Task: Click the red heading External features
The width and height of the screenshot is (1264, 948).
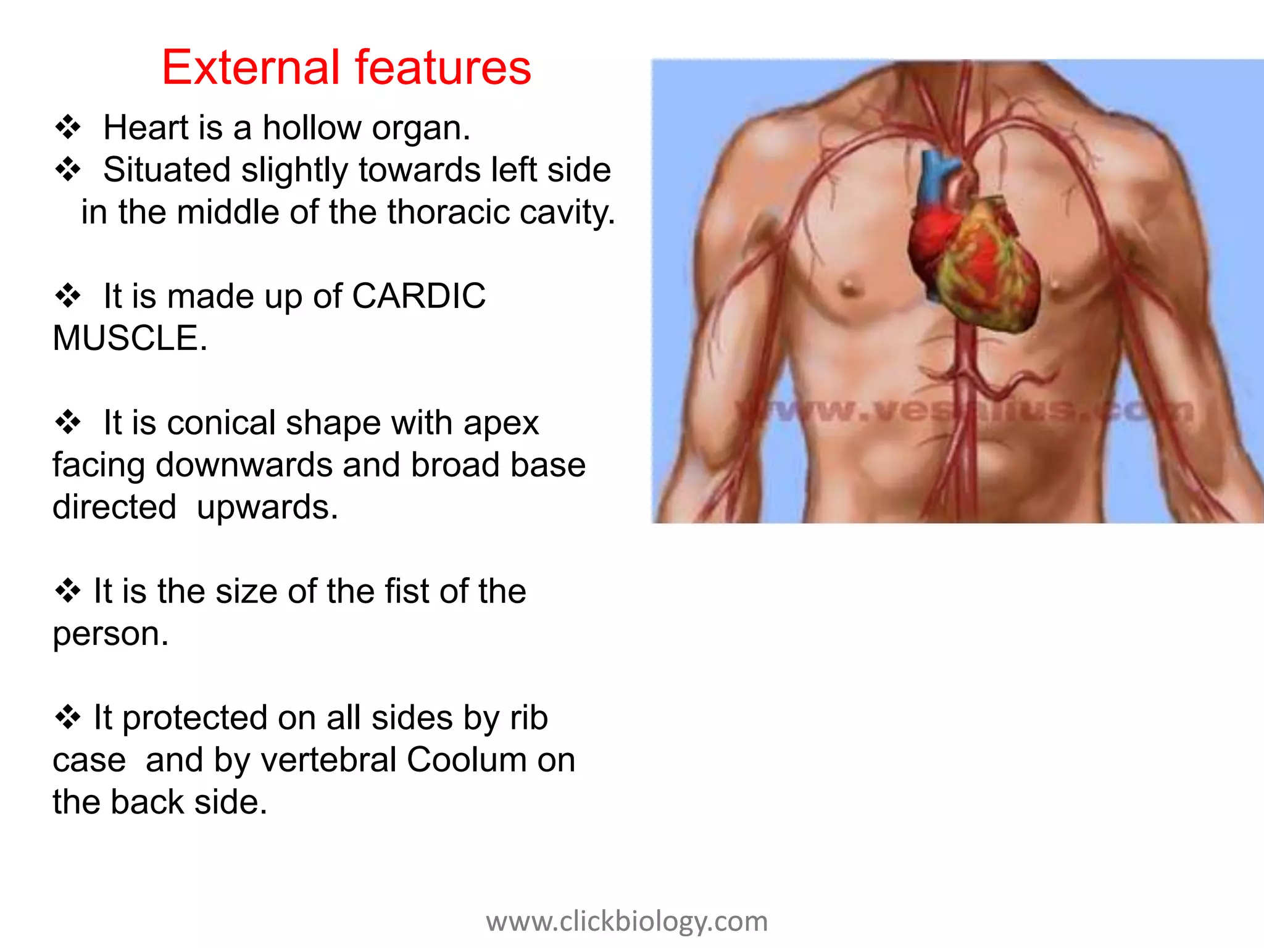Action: click(x=346, y=67)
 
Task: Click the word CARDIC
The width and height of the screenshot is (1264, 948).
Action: click(x=418, y=296)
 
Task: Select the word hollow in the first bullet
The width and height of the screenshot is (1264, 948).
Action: click(x=312, y=128)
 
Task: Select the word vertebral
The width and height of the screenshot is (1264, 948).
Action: click(x=328, y=760)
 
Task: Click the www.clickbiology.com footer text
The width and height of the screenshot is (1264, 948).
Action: click(x=626, y=921)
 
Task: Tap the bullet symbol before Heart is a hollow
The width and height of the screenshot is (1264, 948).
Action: click(x=68, y=127)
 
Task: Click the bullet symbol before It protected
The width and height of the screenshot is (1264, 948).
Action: click(x=68, y=717)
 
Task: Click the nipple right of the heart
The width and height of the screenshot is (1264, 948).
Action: click(x=1056, y=285)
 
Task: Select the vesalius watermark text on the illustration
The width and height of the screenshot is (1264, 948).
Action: click(x=963, y=410)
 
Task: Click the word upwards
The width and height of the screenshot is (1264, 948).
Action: click(x=267, y=508)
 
